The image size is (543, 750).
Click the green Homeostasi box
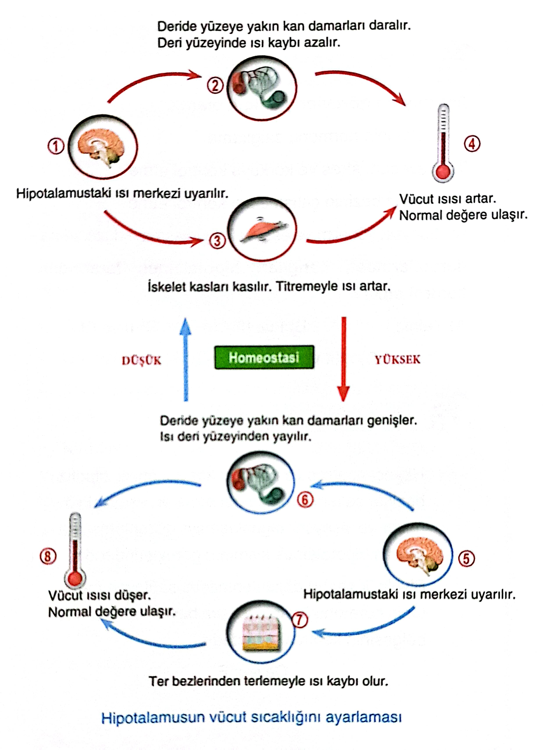pyautogui.click(x=264, y=357)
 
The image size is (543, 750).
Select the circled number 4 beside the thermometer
pyautogui.click(x=472, y=144)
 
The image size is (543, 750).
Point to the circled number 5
pyautogui.click(x=466, y=559)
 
